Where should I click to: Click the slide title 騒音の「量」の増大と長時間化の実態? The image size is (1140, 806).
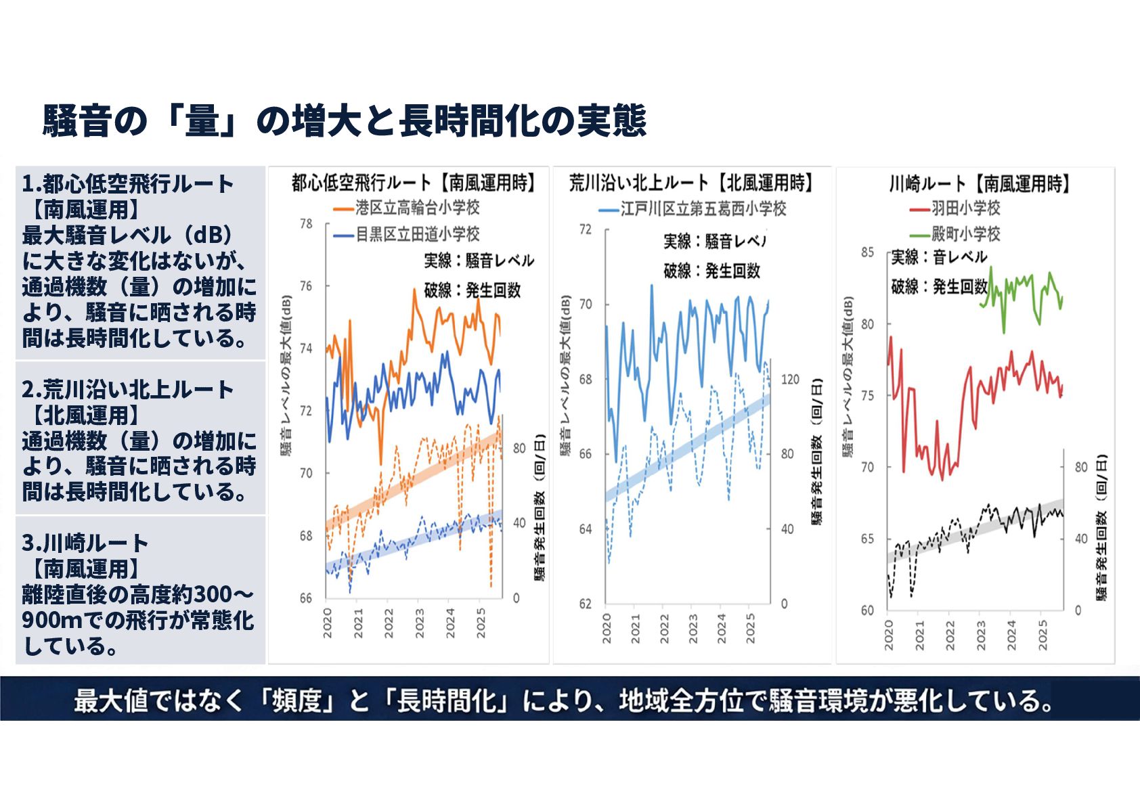tap(344, 121)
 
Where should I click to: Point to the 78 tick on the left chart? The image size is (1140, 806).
tap(306, 223)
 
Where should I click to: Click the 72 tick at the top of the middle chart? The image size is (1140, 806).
tap(586, 229)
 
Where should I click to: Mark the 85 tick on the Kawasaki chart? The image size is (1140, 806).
tap(867, 252)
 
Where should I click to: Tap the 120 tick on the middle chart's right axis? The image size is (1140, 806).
tap(790, 379)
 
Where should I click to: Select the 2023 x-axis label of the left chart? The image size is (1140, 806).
tap(420, 623)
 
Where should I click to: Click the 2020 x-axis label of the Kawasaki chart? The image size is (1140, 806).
tap(889, 635)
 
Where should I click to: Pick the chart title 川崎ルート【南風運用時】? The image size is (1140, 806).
tap(979, 183)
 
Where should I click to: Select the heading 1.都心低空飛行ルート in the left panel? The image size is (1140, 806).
tap(128, 183)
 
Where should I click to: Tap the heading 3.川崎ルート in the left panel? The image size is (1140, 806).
tap(85, 543)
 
